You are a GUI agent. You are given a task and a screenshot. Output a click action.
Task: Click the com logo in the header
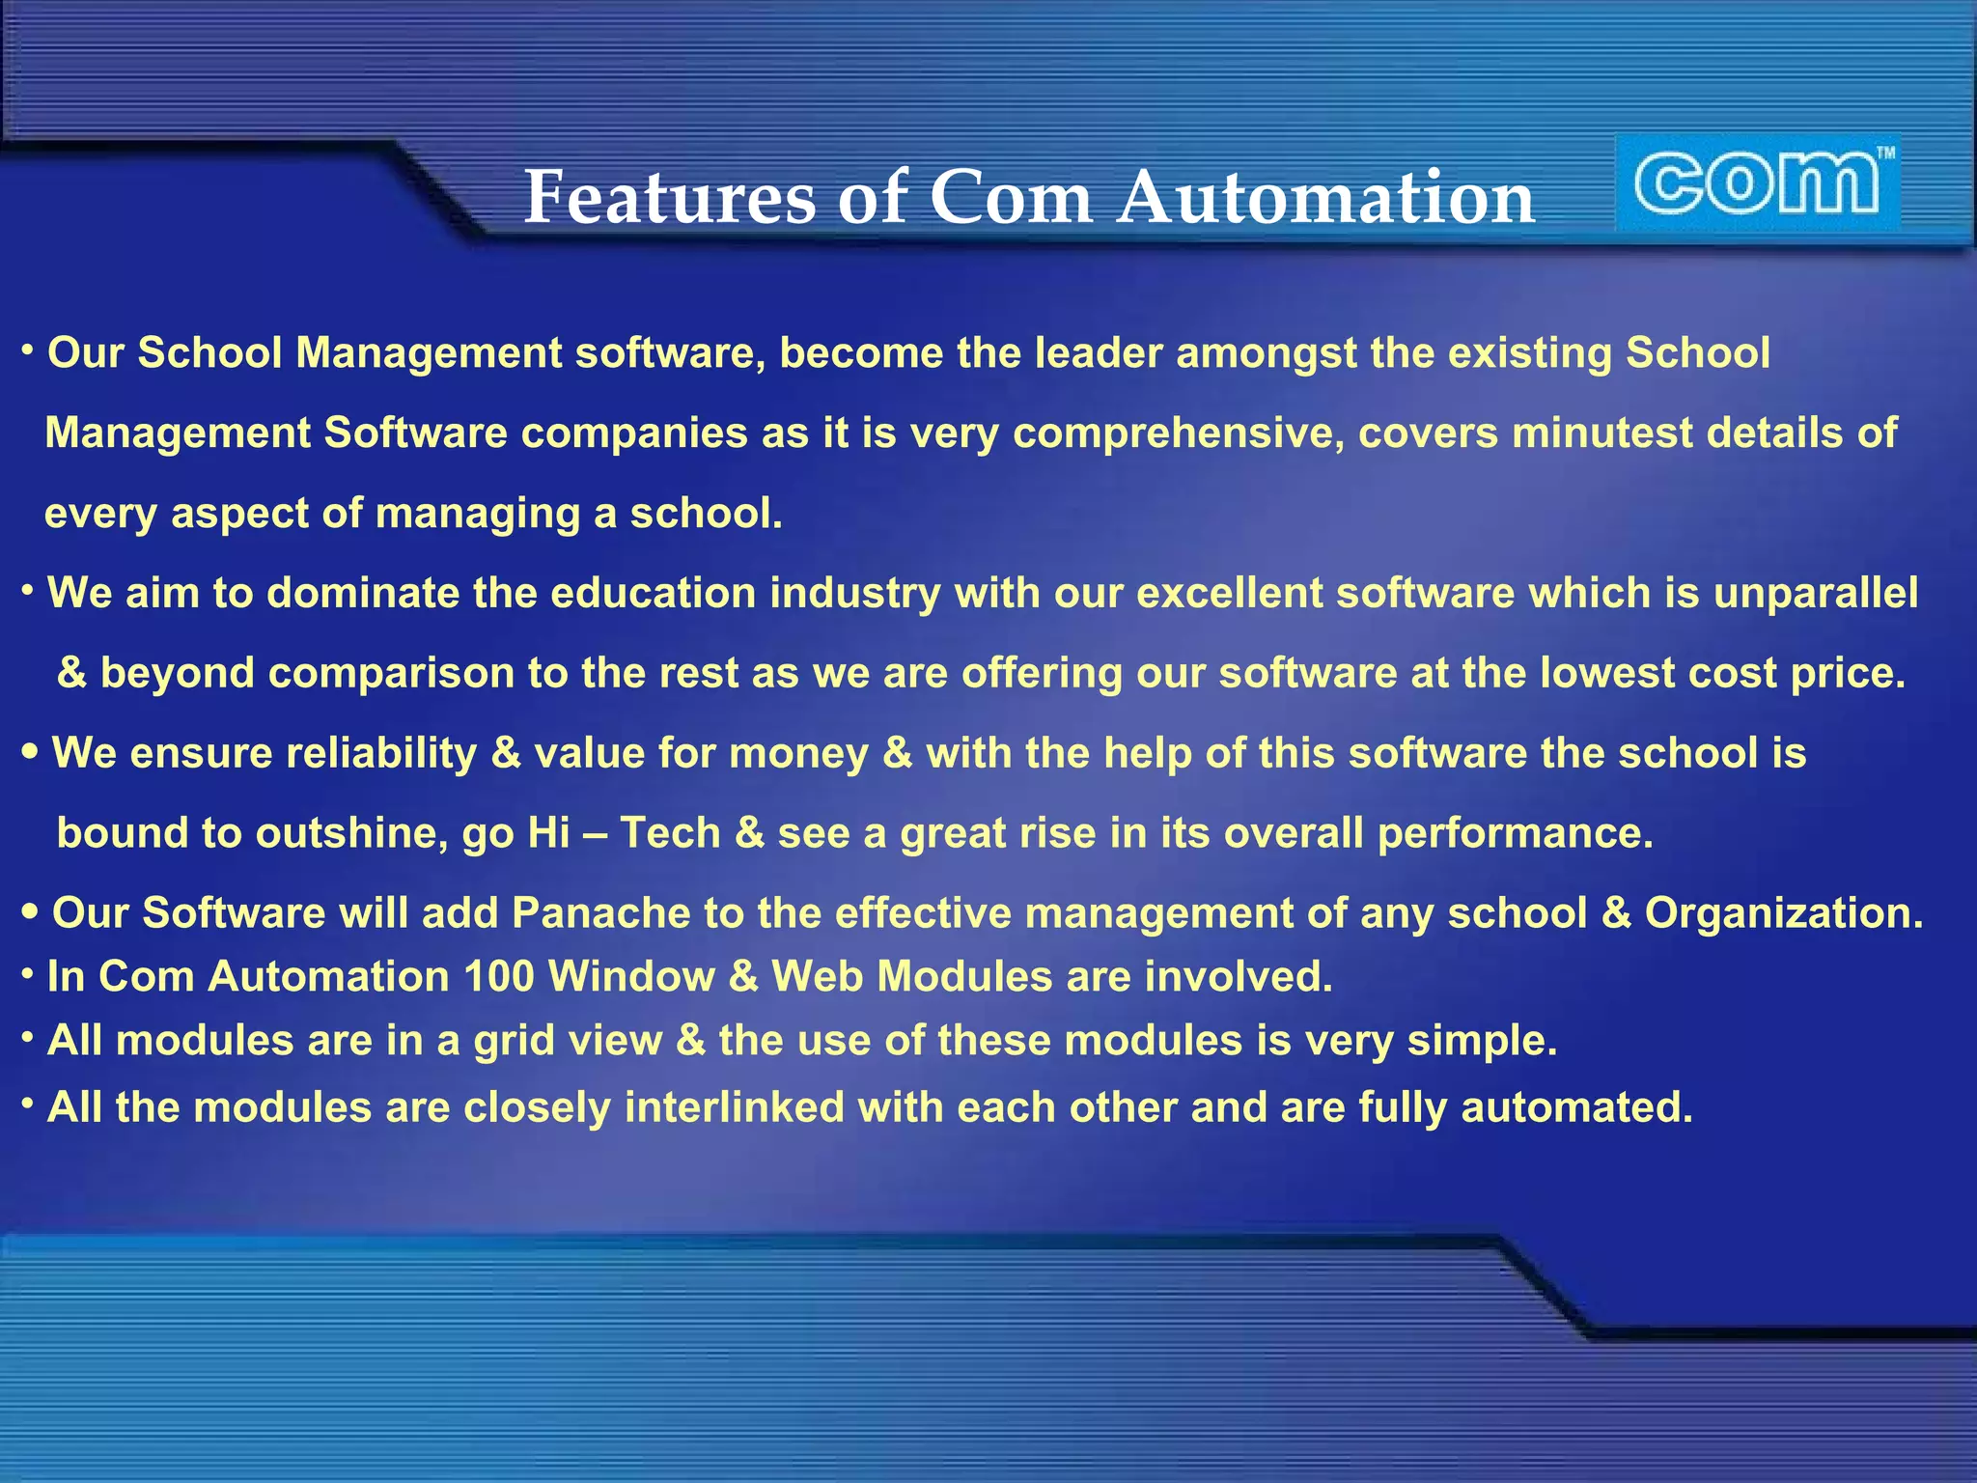pos(1757,183)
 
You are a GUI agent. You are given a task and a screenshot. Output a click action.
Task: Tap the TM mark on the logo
pos(1884,153)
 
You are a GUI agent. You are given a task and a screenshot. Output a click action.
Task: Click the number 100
pos(499,977)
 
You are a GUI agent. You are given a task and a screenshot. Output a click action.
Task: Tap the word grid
pos(513,1042)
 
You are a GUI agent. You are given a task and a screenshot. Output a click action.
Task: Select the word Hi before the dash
pos(548,833)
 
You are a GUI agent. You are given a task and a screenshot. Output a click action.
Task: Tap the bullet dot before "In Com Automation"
pos(28,974)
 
